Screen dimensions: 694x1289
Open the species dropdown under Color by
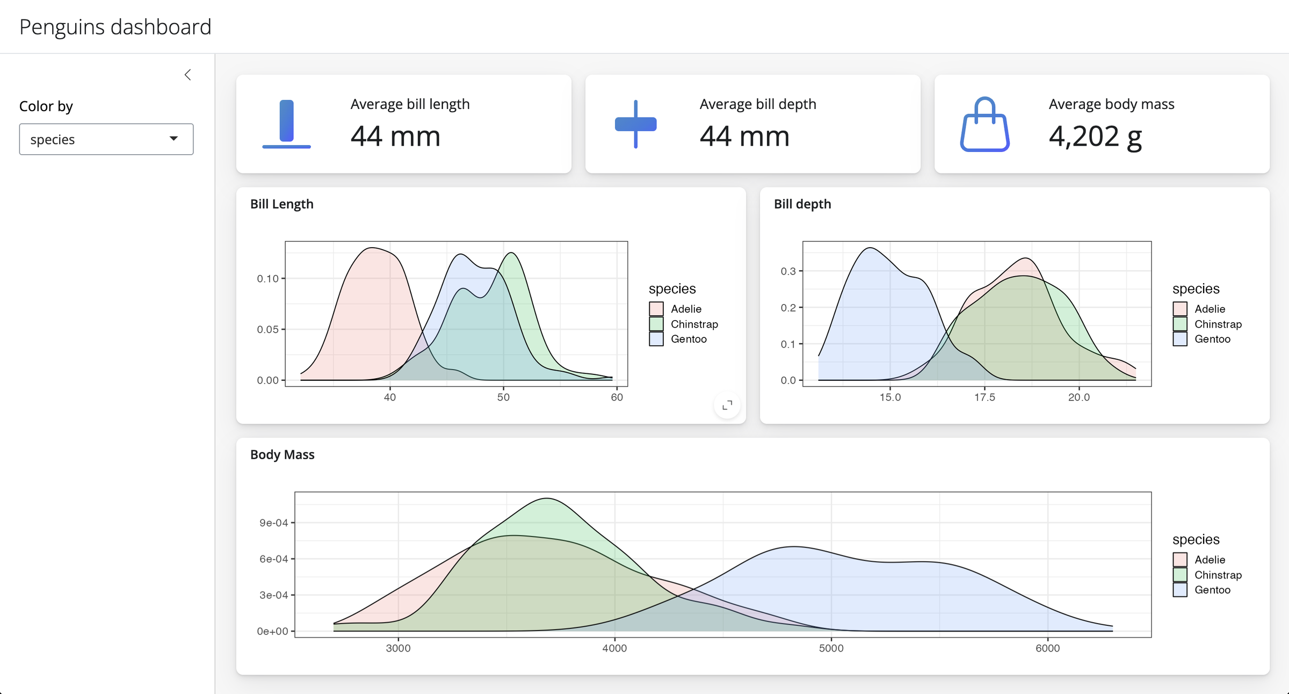106,139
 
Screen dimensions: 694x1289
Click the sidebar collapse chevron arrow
187,75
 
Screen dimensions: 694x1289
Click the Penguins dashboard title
115,27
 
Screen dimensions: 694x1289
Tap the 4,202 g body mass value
1095,136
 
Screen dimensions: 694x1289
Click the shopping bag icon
984,125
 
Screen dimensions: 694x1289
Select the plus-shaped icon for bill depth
635,124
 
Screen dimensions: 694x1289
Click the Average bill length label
410,104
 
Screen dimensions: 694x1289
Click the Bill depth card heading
802,204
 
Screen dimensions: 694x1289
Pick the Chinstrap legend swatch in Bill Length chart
656,324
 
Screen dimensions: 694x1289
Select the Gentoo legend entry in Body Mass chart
1212,590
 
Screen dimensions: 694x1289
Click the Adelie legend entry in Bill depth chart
1209,309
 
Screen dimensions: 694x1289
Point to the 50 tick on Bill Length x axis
503,397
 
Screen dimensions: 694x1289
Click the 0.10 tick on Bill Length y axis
267,278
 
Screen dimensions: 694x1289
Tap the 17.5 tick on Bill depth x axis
984,397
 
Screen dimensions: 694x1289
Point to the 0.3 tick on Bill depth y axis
788,271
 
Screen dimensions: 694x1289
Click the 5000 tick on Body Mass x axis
831,648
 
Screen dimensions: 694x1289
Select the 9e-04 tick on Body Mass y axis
273,523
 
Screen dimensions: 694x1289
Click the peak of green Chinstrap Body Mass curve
546,498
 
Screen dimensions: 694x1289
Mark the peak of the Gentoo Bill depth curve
870,248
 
